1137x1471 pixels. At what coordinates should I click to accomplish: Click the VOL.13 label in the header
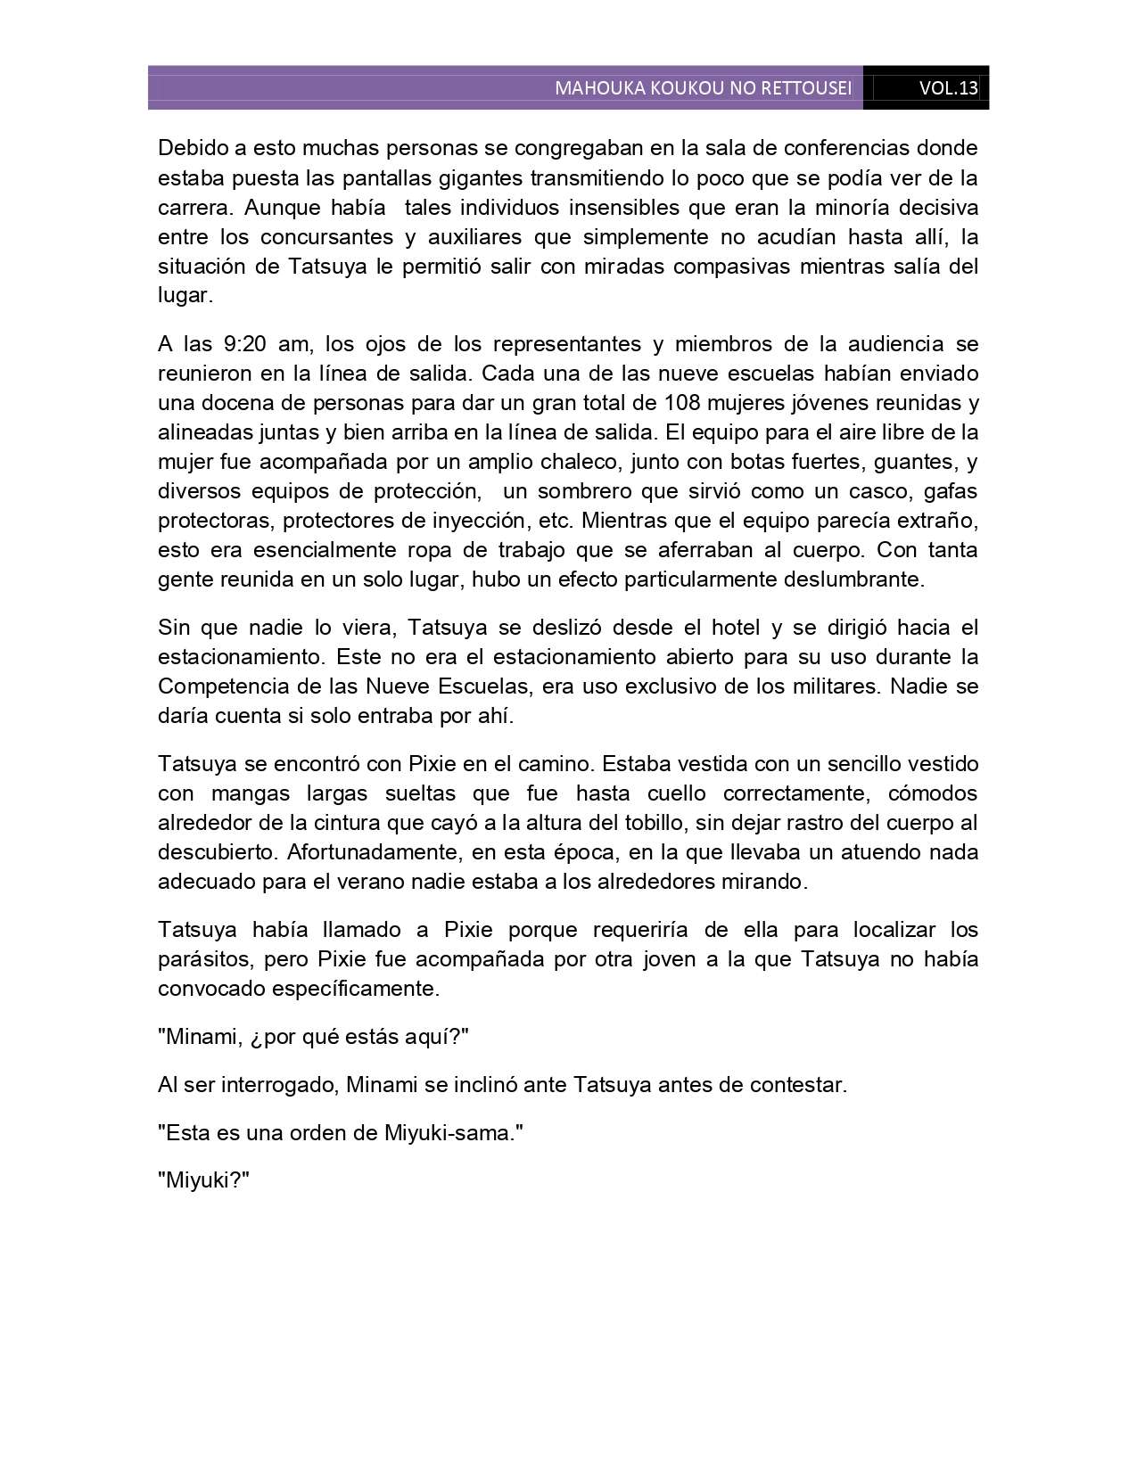pos(948,88)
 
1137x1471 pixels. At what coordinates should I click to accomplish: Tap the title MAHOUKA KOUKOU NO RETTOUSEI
pos(703,88)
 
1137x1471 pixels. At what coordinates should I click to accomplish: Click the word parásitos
pos(202,959)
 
